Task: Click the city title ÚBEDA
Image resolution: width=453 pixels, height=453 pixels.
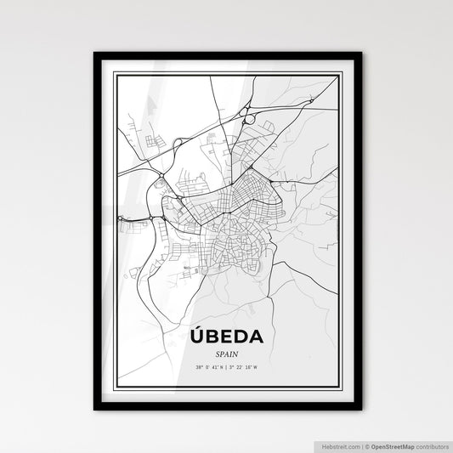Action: click(227, 337)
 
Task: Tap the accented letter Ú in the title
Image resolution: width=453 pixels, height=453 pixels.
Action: click(196, 336)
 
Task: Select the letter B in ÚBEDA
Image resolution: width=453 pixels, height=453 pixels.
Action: click(212, 337)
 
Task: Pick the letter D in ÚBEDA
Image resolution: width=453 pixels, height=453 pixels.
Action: click(241, 337)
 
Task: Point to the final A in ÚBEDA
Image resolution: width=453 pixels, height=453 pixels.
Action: click(256, 337)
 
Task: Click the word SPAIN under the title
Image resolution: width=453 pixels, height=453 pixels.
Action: click(227, 353)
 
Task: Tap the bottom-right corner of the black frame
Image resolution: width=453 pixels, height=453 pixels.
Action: click(360, 410)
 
